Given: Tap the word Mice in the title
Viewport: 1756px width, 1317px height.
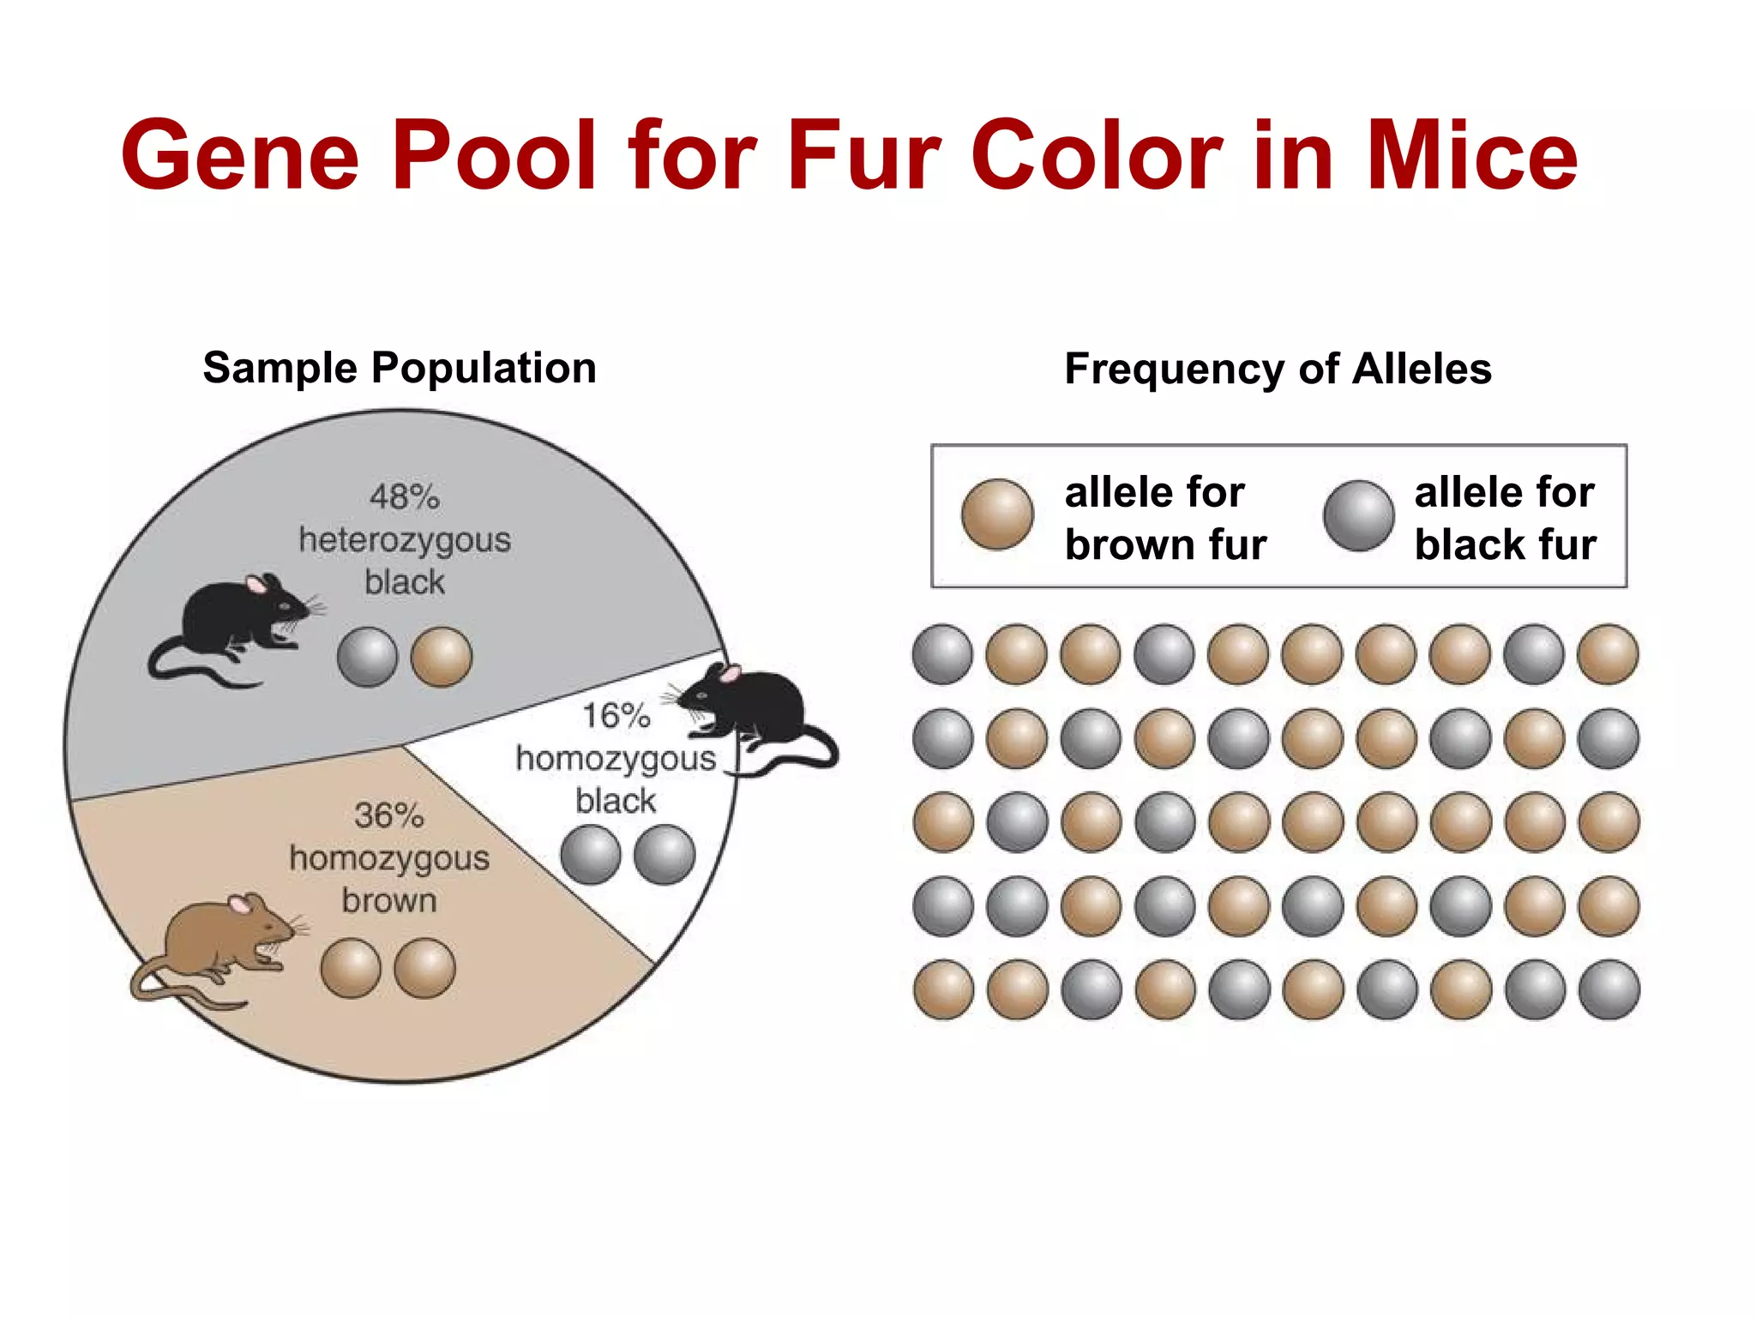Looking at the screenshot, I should click(1471, 156).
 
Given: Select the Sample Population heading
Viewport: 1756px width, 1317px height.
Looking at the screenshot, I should click(400, 368).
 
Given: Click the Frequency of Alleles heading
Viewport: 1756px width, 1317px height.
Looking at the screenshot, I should click(1278, 370).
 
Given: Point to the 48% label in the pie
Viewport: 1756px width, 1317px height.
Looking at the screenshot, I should click(405, 497).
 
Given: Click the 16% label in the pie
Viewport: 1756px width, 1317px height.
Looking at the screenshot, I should click(616, 716).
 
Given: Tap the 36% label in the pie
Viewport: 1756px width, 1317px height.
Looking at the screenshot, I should click(388, 815).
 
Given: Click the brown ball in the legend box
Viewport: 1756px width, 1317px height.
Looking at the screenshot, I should click(997, 514).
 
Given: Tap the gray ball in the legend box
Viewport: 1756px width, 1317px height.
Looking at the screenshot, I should click(1358, 515).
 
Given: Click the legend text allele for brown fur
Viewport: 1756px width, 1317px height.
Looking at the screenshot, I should click(1165, 519).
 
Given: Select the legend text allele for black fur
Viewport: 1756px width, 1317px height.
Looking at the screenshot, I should click(1505, 519).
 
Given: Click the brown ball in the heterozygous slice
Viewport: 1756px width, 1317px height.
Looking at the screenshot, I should click(442, 658).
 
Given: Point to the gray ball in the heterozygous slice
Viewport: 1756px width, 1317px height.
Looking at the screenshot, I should click(367, 658).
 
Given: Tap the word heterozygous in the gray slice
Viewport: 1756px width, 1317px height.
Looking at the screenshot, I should click(405, 540).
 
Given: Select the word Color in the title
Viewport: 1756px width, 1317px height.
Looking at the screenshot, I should click(1097, 156).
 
